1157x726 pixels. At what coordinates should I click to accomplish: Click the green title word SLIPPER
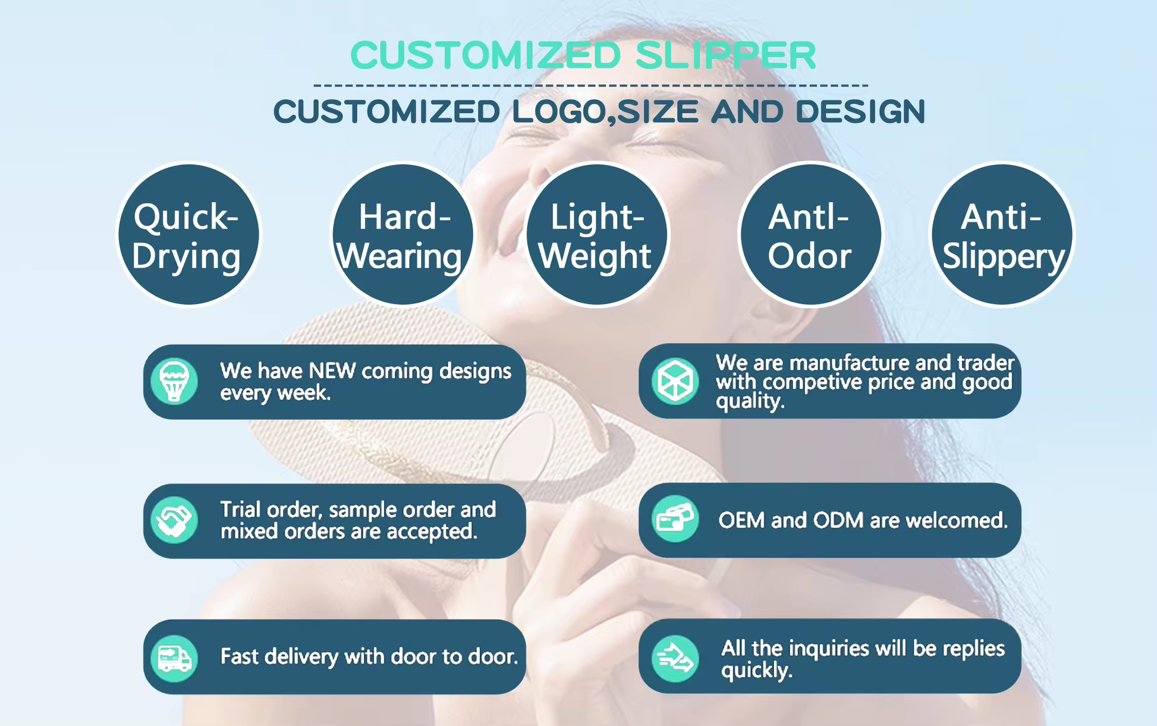pos(726,55)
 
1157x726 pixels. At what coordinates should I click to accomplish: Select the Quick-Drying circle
pos(188,234)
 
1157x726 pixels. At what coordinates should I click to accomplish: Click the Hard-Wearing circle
pos(403,234)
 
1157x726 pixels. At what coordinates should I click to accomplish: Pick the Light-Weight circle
pos(596,234)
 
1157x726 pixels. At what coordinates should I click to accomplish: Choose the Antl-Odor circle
pos(811,234)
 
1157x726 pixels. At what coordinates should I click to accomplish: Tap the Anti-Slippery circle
pos(1002,234)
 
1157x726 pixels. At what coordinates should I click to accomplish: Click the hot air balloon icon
pos(174,381)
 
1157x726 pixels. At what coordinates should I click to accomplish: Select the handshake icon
pos(174,520)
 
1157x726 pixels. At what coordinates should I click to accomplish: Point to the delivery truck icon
pos(174,658)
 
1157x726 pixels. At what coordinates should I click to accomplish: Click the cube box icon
pos(675,381)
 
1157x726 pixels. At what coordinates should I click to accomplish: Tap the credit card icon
pos(675,519)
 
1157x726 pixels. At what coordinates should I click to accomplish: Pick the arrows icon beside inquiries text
pos(675,658)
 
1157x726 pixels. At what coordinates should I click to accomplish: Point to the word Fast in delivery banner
pos(240,656)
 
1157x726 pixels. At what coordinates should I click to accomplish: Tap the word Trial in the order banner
pos(241,510)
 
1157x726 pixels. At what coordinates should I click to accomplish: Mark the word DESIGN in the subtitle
pos(860,112)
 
